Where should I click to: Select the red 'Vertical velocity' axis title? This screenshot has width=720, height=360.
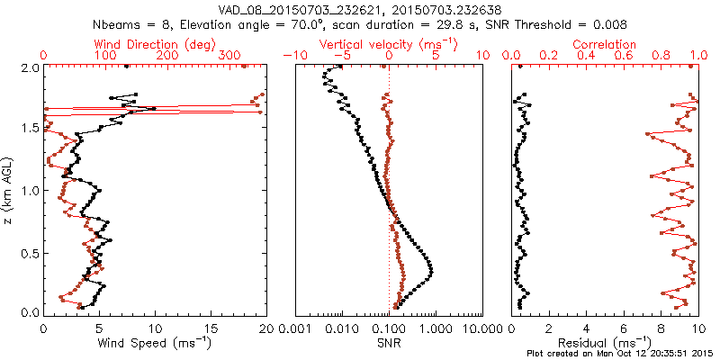pos(388,44)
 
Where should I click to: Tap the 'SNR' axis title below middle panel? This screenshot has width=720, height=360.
pos(388,342)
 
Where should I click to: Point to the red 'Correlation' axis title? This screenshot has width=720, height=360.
pos(604,44)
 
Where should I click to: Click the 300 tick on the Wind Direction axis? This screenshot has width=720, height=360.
pos(231,56)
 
